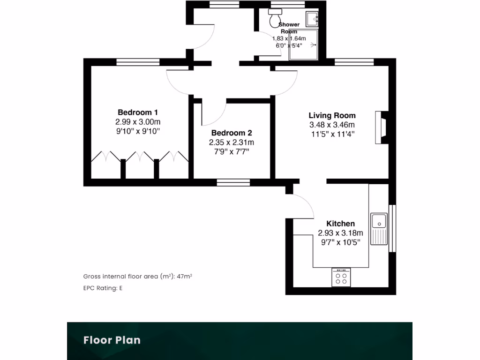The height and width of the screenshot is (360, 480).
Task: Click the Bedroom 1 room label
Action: pyautogui.click(x=137, y=112)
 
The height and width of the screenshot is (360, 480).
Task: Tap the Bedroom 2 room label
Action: pyautogui.click(x=232, y=133)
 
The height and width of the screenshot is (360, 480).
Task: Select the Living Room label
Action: pyautogui.click(x=332, y=116)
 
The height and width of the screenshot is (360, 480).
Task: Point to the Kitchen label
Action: pyautogui.click(x=340, y=224)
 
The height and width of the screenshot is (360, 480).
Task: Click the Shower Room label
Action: pyautogui.click(x=289, y=28)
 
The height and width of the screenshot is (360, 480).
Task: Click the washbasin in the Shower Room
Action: pyautogui.click(x=312, y=19)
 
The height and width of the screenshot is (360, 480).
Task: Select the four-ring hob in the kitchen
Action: pyautogui.click(x=341, y=277)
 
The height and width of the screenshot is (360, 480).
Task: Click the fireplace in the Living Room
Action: pyautogui.click(x=382, y=127)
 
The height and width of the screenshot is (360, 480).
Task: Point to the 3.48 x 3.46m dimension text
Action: pyautogui.click(x=332, y=125)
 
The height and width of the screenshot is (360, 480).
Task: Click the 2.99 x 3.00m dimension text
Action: pyautogui.click(x=137, y=121)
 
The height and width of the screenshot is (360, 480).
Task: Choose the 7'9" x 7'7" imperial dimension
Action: pyautogui.click(x=232, y=151)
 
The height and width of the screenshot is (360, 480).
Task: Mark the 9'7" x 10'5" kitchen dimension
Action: pyautogui.click(x=340, y=242)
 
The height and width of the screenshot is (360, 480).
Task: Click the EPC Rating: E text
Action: pyautogui.click(x=103, y=288)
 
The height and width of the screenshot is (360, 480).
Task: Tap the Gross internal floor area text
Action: pyautogui.click(x=137, y=277)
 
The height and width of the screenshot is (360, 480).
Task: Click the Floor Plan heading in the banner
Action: pyautogui.click(x=112, y=340)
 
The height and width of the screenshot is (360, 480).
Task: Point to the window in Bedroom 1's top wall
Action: pyautogui.click(x=138, y=61)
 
